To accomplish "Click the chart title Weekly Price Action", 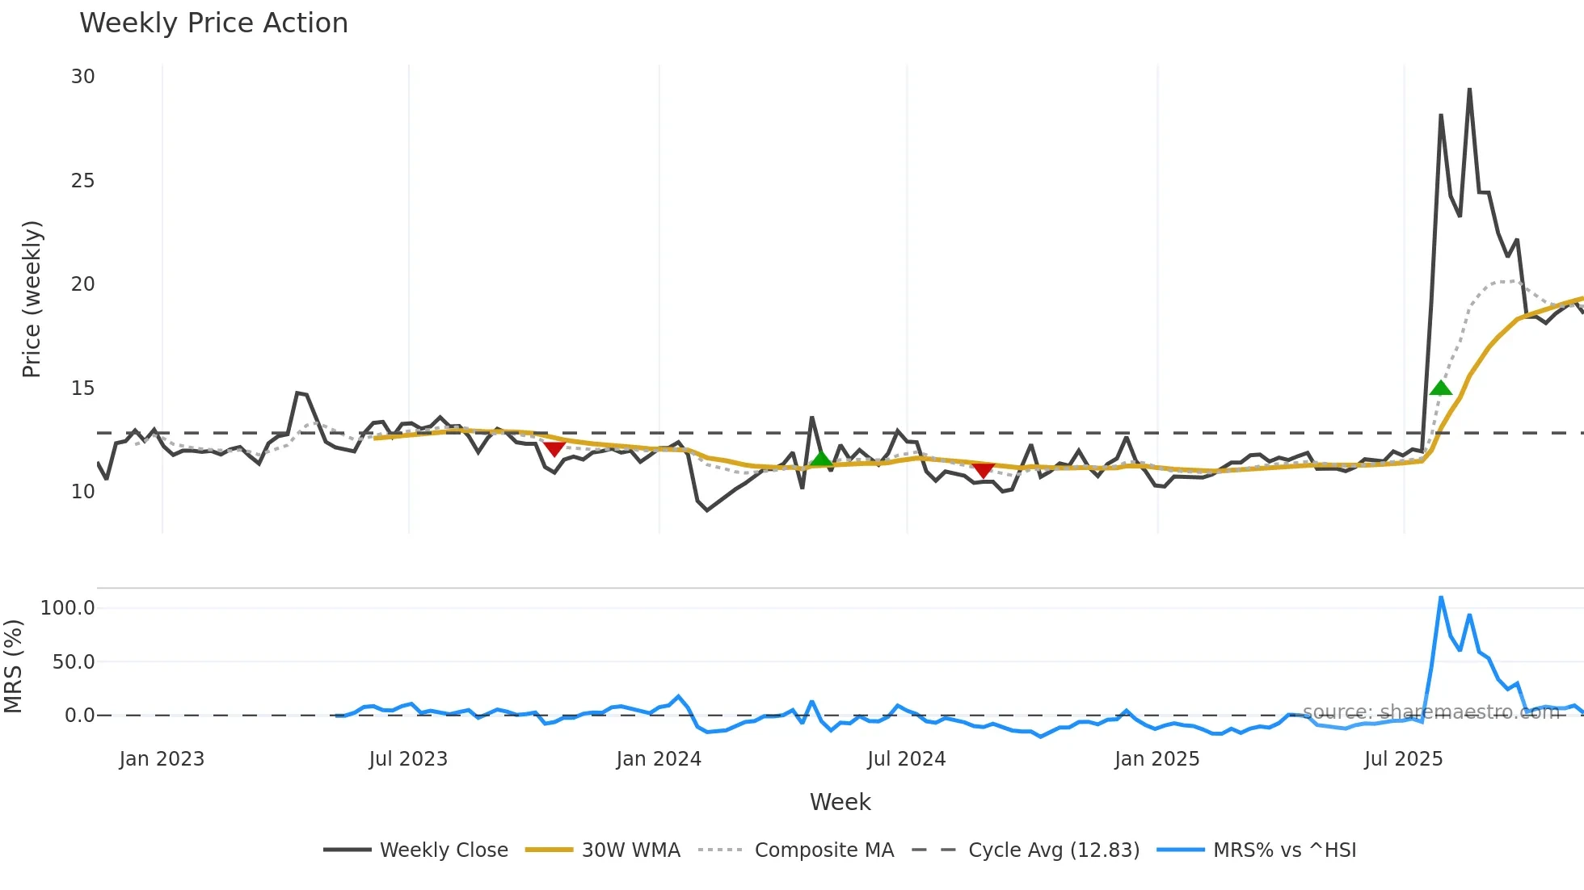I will point(213,23).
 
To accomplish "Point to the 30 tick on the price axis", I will point(82,77).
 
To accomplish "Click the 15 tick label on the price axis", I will point(82,388).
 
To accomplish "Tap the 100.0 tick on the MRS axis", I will point(68,608).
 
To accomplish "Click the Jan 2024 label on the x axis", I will point(658,759).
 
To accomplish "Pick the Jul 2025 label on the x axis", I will point(1403,759).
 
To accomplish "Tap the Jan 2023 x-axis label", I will point(162,759).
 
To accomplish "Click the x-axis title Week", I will point(840,802).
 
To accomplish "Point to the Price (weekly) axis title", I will point(32,299).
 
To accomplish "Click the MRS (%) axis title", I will point(13,666).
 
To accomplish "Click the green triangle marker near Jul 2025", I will point(1440,388).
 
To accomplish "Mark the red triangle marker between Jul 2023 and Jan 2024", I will point(554,448).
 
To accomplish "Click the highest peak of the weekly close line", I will point(1469,89).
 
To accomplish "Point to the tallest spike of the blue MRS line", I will point(1441,598).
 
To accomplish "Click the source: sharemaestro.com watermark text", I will point(1430,712).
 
